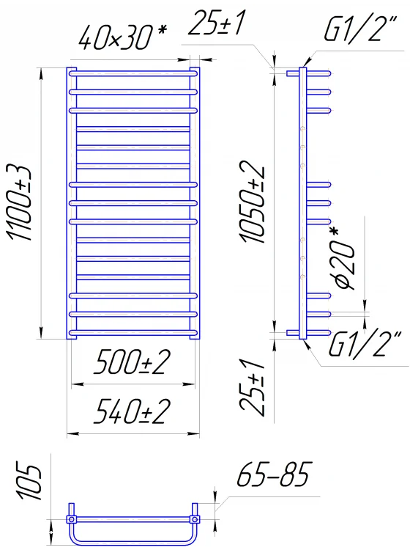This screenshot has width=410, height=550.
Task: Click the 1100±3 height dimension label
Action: [19, 202]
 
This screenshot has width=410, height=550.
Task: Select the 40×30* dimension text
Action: [122, 37]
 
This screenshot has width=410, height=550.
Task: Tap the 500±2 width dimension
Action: [132, 362]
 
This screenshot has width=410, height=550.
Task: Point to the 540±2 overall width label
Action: [132, 411]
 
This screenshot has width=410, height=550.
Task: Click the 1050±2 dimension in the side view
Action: [253, 202]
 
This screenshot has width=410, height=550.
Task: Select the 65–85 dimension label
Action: [274, 474]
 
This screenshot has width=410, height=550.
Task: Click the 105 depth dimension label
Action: [29, 482]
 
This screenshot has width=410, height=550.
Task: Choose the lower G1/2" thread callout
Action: [365, 345]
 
